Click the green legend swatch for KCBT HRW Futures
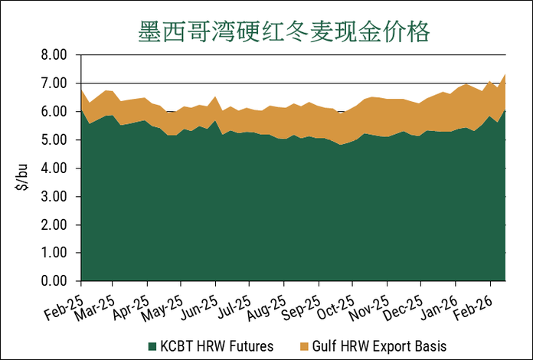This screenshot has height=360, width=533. click(152, 345)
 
